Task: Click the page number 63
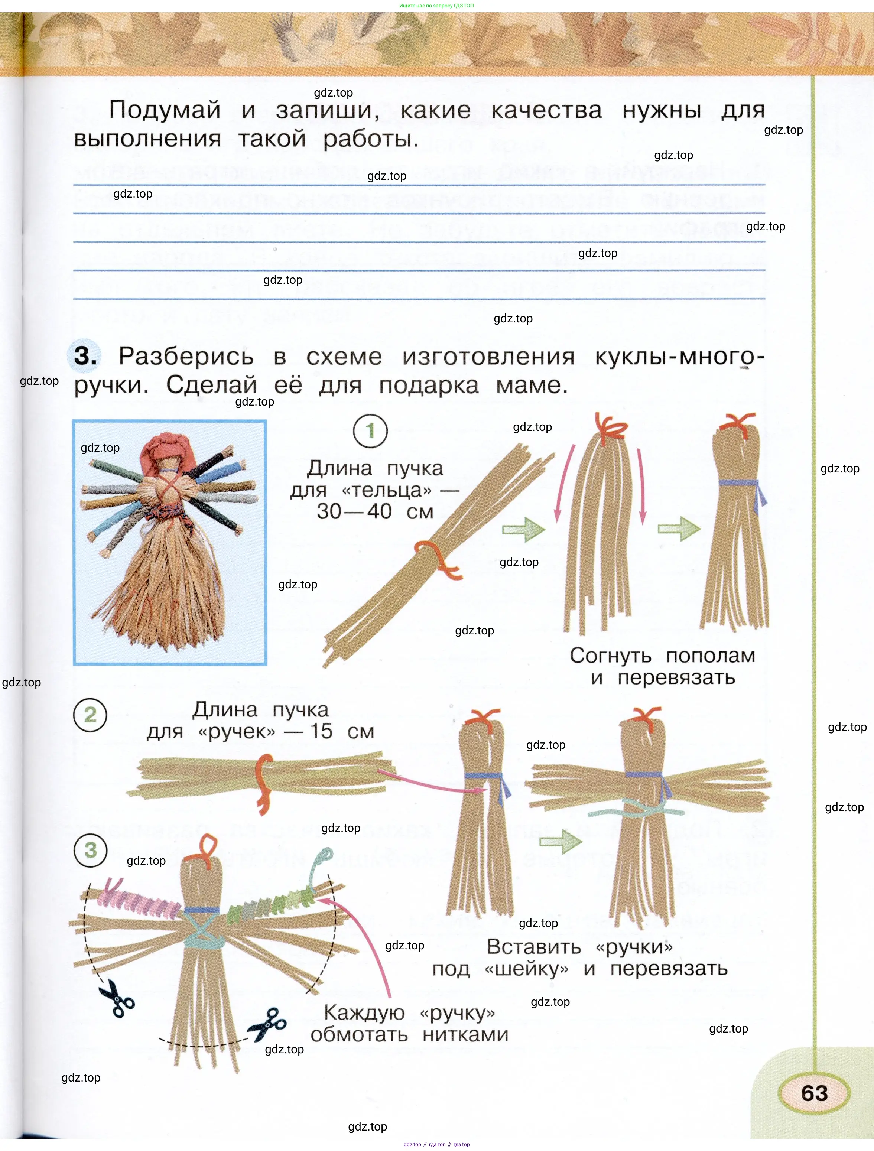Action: [x=814, y=1093]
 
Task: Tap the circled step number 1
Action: [x=370, y=431]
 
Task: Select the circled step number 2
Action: [x=90, y=715]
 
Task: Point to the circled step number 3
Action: [x=91, y=850]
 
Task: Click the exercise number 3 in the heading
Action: [x=85, y=357]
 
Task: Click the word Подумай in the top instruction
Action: [x=165, y=110]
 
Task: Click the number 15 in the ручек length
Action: [x=321, y=732]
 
